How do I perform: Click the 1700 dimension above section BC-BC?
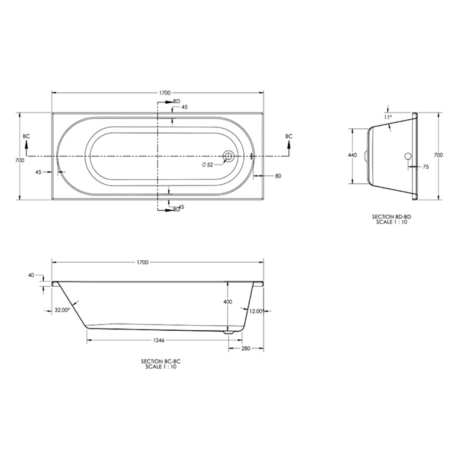click(x=142, y=262)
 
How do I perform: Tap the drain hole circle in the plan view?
click(x=228, y=157)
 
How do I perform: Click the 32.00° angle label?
click(x=62, y=310)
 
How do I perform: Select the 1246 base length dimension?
click(x=158, y=340)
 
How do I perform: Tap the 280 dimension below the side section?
click(x=245, y=349)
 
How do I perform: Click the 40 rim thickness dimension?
click(x=31, y=275)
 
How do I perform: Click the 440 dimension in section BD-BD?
click(x=352, y=155)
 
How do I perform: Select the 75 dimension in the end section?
click(x=426, y=167)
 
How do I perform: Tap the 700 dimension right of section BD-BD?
click(x=439, y=155)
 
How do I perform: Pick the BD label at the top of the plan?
click(x=177, y=101)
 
